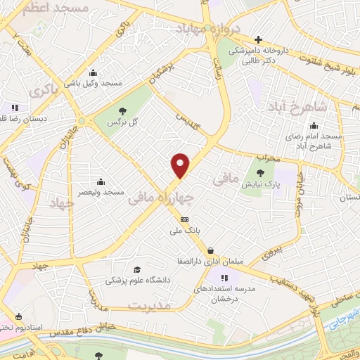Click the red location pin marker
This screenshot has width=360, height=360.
(x=181, y=165)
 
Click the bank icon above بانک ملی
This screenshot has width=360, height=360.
(x=184, y=220)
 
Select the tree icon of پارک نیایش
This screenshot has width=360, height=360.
(x=261, y=173)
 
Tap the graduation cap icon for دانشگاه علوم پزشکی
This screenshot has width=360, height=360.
(x=137, y=269)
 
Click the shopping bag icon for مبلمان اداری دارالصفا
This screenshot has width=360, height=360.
(x=211, y=250)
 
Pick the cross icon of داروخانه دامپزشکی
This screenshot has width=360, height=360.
(x=259, y=39)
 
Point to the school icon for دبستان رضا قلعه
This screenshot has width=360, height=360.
(x=15, y=108)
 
